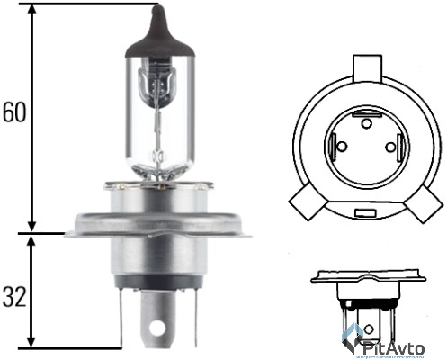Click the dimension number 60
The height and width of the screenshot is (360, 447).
(13, 114)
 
